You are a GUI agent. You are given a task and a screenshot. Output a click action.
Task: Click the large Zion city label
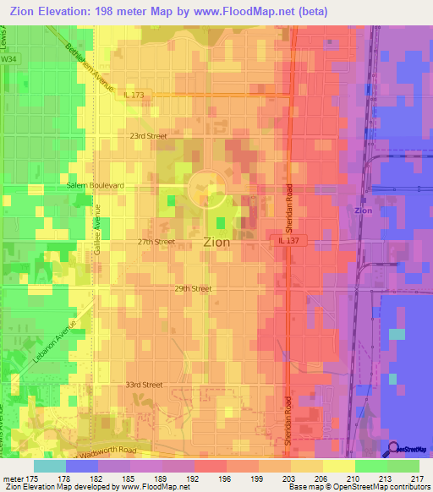pyautogui.click(x=217, y=241)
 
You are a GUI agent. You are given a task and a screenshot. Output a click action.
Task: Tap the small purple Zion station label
pyautogui.click(x=364, y=210)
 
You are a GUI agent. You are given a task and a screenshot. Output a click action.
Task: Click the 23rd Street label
pyautogui.click(x=148, y=135)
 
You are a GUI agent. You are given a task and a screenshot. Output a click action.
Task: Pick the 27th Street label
pyautogui.click(x=156, y=242)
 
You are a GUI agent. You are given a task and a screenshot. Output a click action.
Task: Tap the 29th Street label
pyautogui.click(x=193, y=288)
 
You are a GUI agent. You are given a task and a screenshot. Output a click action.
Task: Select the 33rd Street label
pyautogui.click(x=143, y=385)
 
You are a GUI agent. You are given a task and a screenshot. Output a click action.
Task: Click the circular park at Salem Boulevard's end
pyautogui.click(x=206, y=189)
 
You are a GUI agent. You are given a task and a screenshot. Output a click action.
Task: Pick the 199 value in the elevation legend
pyautogui.click(x=228, y=478)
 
